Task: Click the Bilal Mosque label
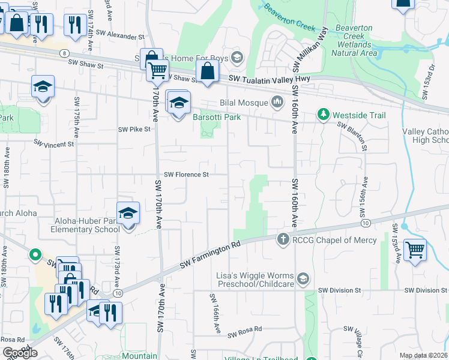tap(244, 103)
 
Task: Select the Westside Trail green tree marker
tap(324, 115)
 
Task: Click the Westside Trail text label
tap(360, 115)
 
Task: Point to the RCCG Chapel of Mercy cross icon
tap(283, 240)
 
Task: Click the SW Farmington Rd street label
tap(210, 256)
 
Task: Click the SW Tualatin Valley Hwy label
tap(268, 80)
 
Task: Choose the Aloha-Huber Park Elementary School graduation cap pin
tap(127, 213)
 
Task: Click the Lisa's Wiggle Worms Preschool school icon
tap(304, 278)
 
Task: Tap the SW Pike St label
tap(133, 129)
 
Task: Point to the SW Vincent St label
tap(53, 143)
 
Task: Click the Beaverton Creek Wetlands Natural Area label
tap(355, 40)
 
